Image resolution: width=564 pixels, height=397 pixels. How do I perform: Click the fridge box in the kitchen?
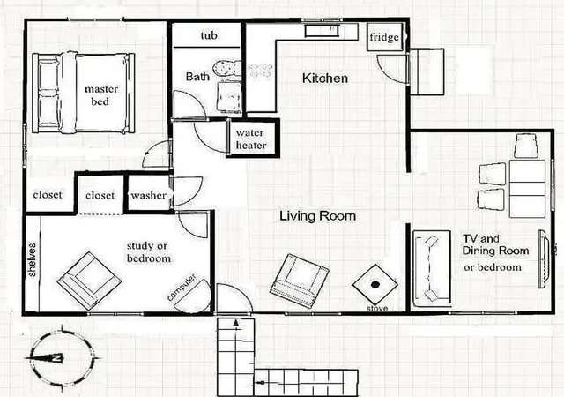pos(384,37)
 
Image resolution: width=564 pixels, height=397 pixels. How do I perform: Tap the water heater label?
pos(250,139)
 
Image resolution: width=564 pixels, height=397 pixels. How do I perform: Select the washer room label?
pos(148,195)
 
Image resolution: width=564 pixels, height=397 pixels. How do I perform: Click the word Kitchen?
pos(325,79)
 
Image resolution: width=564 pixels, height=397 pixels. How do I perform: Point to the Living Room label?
pos(318,216)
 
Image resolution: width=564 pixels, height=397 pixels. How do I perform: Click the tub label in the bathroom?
pos(209,35)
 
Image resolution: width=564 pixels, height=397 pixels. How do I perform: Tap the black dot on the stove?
pos(375,285)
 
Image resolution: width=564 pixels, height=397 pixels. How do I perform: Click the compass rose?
pos(61,358)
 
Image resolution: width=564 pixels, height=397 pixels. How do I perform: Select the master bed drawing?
pos(84,93)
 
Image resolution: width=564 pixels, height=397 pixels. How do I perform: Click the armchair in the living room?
pos(300,281)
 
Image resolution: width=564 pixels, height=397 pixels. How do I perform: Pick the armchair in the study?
pos(89,281)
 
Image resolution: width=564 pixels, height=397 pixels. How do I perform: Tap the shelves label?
pos(32,259)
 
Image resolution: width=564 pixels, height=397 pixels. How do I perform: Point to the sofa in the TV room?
pos(432,268)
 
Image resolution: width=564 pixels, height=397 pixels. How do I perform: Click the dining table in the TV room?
pos(527,189)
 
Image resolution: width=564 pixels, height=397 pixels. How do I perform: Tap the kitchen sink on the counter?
pos(322,31)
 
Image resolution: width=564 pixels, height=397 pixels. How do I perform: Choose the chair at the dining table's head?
pos(526,146)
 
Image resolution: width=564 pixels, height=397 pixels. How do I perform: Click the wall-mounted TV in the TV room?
pos(543,258)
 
